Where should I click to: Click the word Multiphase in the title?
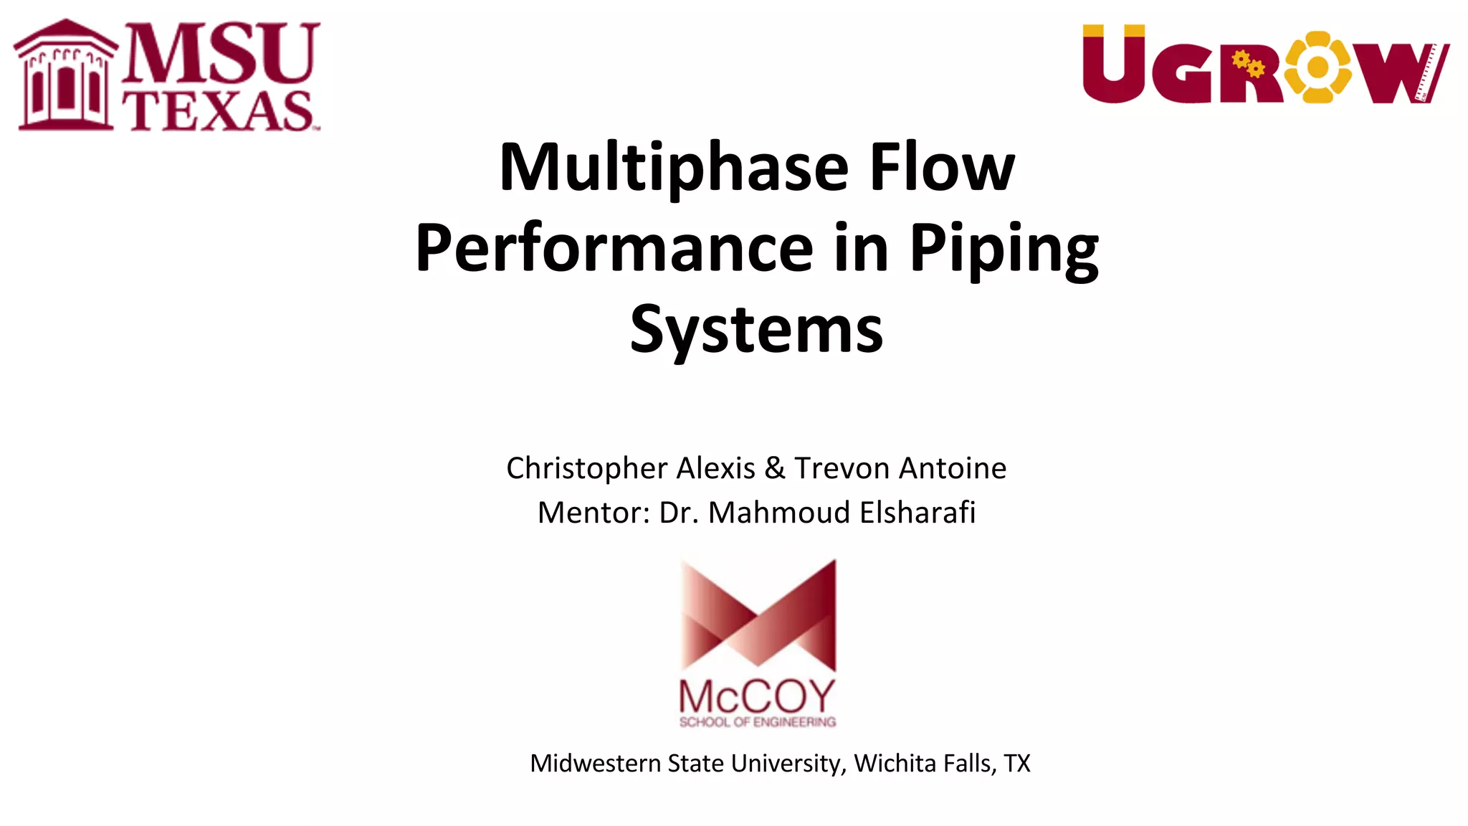coord(674,168)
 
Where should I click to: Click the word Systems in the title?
coord(756,330)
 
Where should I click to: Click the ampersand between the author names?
coord(774,469)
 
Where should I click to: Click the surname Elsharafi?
coord(917,513)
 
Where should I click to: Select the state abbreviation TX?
coord(1016,764)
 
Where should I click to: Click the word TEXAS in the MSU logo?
coord(219,111)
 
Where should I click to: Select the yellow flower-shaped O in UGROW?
coord(1317,67)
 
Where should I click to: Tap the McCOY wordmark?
coord(757,696)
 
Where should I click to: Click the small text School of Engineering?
coord(758,722)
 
